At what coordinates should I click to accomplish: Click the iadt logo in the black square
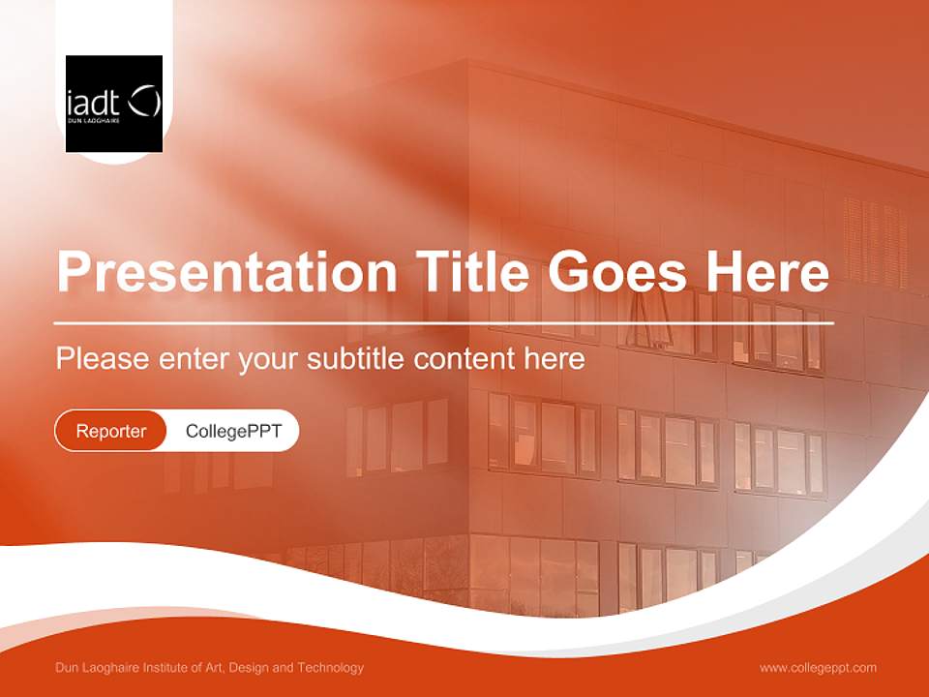point(113,104)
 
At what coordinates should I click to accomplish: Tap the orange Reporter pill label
point(111,431)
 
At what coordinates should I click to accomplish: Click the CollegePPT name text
point(233,431)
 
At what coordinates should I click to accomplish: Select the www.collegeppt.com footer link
point(818,668)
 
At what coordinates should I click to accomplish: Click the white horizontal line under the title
point(443,322)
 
